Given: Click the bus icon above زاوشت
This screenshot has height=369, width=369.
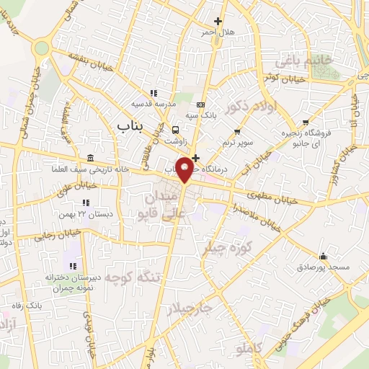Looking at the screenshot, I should [x=176, y=130].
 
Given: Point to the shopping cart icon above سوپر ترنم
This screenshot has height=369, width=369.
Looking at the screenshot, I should [x=236, y=132].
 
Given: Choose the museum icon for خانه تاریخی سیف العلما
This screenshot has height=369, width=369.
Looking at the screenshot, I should [x=89, y=159].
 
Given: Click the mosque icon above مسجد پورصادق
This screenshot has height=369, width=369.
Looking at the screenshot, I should [x=322, y=256].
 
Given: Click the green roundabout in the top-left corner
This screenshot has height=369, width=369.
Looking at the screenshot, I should [x=41, y=48].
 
